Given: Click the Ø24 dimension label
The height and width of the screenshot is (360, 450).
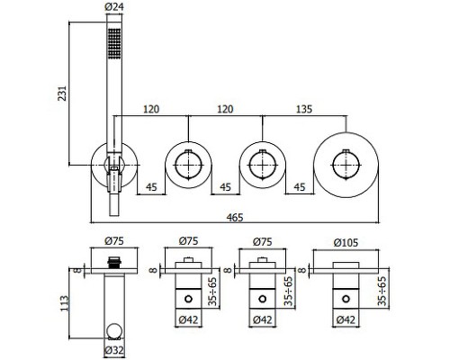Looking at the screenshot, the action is tap(114, 6).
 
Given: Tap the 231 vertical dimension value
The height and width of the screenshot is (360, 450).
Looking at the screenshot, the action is tap(62, 94).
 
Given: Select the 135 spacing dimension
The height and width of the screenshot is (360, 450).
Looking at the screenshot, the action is tap(304, 109).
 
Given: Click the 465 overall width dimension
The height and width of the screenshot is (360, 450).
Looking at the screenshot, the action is tap(235, 217).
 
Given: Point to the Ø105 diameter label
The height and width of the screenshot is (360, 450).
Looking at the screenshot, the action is tap(346, 242).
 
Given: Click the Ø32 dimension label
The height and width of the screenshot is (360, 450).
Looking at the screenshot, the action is tap(114, 350).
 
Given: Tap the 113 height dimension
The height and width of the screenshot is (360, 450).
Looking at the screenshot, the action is tap(65, 303).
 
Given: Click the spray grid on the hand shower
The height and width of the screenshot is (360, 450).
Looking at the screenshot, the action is tap(114, 43).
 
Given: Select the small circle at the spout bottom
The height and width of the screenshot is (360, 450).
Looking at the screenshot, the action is tap(114, 331).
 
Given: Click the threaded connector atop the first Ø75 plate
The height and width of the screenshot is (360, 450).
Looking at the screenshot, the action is tap(114, 263).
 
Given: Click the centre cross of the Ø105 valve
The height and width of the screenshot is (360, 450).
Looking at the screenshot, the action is tap(346, 166).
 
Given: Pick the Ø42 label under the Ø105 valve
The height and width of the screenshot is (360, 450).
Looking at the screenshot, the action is tap(346, 319).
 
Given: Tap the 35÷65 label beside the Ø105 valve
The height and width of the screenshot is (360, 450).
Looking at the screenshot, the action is tap(382, 291).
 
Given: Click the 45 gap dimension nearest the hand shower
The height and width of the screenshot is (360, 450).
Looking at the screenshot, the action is tap(151, 187).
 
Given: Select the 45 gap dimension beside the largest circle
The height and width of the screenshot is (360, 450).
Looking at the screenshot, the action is tap(300, 187).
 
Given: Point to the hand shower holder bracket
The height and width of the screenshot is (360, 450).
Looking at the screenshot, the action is tap(114, 177).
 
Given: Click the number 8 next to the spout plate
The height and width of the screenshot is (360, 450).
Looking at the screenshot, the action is tap(77, 270).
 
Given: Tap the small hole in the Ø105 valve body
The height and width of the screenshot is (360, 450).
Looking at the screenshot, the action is tap(346, 299).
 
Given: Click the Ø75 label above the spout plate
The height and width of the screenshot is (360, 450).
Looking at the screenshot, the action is tap(114, 240).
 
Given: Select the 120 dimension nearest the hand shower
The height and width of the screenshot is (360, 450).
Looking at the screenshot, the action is tap(151, 109).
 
